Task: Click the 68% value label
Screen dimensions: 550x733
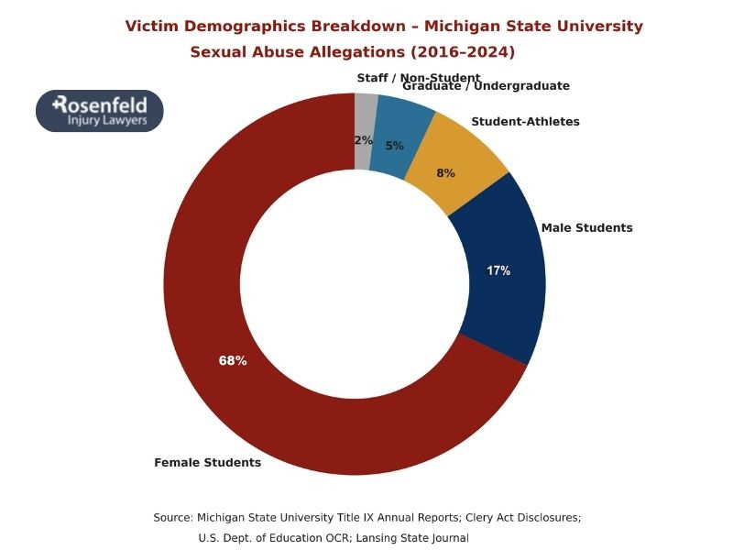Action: click(x=233, y=361)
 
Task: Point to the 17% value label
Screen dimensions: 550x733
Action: click(x=498, y=270)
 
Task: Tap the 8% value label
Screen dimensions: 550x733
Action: click(x=446, y=172)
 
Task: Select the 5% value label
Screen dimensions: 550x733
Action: click(x=394, y=146)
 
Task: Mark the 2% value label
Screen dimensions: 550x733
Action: click(x=364, y=140)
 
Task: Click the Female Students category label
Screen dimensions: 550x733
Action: click(x=207, y=463)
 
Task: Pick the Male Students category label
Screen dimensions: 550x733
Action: click(x=586, y=227)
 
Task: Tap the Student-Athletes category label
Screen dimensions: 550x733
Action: click(x=525, y=121)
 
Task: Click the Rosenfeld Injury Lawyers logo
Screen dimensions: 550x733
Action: click(x=100, y=111)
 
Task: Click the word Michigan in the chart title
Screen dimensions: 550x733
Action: click(x=464, y=26)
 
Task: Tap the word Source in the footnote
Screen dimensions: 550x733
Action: click(x=173, y=518)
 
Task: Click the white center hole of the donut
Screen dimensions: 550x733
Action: click(x=355, y=284)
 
